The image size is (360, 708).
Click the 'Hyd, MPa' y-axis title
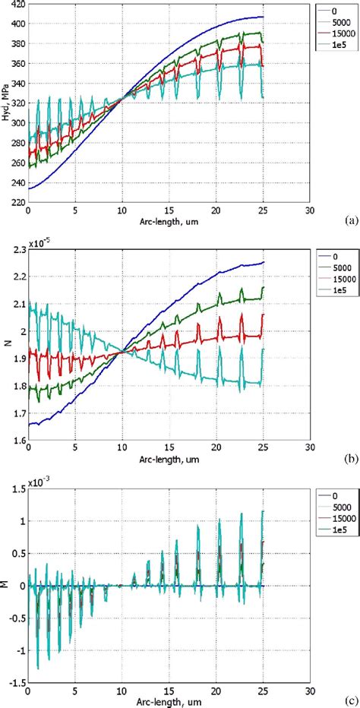coord(6,103)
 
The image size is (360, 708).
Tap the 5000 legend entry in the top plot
coord(334,21)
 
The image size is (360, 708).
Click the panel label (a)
coord(351,220)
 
